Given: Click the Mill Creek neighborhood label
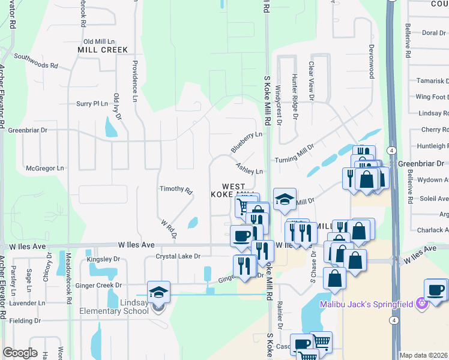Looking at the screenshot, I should (103, 50).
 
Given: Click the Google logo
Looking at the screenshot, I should (20, 353).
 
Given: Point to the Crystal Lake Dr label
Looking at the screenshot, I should (178, 256).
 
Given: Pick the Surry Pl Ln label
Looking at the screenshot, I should (91, 104).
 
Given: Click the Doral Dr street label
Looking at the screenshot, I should (433, 33).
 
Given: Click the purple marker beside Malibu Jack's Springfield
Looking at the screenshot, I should (421, 304).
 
